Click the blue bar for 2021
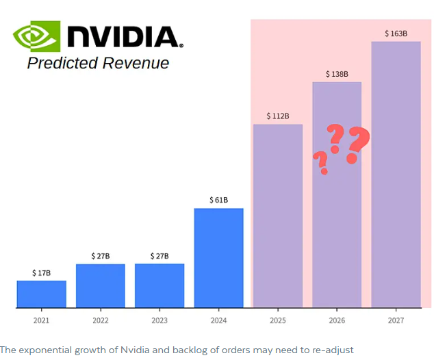pos(42,294)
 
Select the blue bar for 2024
pos(218,258)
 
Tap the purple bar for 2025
pos(278,216)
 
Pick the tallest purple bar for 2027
pos(396,175)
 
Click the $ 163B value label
pos(396,34)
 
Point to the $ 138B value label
pos(337,74)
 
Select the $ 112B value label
pos(278,116)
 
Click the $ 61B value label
pos(218,200)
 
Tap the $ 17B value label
pos(42,273)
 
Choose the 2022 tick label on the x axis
pos(101,320)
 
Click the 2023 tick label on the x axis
pos(159,320)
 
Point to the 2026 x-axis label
pos(337,320)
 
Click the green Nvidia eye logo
pos(36,36)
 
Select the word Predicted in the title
pos(62,63)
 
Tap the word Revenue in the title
pos(136,63)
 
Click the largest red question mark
pos(357,144)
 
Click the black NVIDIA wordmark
pos(125,37)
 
